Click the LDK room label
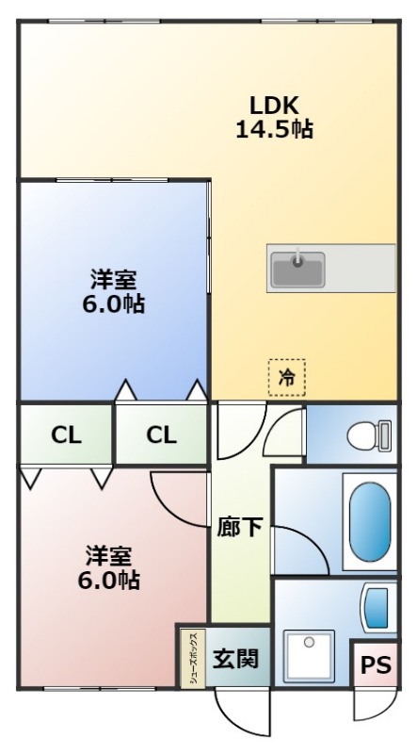click(273, 105)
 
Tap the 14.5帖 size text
click(274, 129)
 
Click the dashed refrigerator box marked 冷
click(286, 377)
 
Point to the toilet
click(368, 434)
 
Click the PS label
click(375, 665)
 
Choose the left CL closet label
click(65, 434)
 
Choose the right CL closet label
click(160, 434)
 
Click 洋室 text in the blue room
click(114, 279)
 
